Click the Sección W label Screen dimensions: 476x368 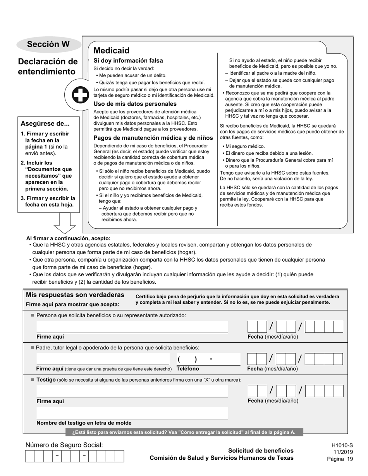48,44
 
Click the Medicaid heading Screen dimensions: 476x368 112,51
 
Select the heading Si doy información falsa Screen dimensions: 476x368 128,61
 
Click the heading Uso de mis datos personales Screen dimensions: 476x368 135,104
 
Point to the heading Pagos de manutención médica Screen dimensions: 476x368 153,138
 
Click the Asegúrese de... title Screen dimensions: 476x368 45,124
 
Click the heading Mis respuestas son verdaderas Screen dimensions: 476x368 75,295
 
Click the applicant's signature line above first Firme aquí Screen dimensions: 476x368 132,327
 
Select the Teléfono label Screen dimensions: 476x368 188,369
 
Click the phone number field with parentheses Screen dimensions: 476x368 208,360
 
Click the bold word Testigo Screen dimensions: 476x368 46,380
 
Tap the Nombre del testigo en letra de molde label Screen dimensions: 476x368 84,423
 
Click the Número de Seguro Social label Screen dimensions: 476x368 64,445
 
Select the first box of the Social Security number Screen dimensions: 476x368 30,456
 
